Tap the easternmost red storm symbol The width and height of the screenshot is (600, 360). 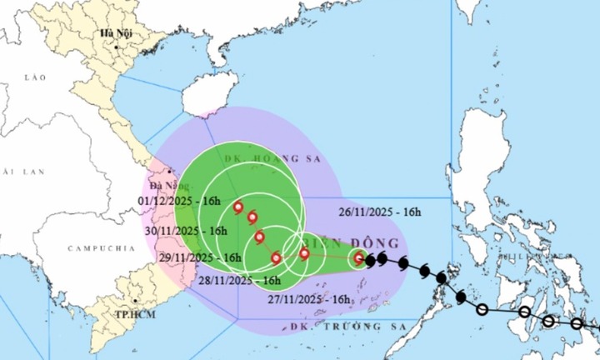pos(358,258)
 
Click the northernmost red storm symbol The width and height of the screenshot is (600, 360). pos(239,208)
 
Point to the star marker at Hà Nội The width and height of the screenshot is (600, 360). pos(106,44)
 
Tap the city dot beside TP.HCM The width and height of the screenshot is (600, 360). pos(135,303)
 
